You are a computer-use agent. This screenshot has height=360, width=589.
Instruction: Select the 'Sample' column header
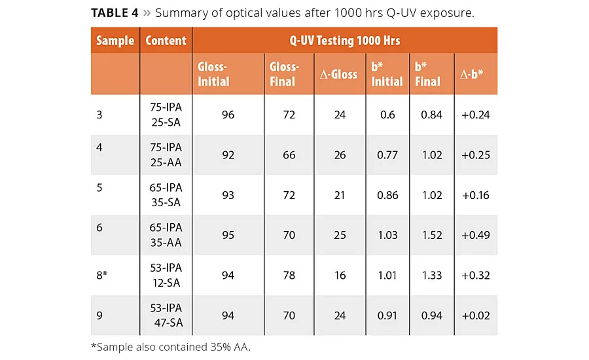tap(115, 41)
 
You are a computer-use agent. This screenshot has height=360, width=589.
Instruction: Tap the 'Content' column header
tap(166, 41)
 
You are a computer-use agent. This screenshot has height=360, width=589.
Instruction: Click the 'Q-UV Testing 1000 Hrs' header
tap(345, 41)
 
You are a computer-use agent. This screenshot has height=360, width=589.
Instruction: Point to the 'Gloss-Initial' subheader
tap(213, 74)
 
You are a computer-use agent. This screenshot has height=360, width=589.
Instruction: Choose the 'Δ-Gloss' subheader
tap(338, 75)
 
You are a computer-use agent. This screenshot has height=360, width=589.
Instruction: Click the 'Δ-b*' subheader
tap(471, 75)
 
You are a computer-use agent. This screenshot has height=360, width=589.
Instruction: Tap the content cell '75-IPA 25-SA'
tap(166, 115)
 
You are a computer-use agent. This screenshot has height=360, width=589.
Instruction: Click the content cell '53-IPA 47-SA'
tap(166, 315)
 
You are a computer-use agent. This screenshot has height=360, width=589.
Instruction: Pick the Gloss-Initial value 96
tap(228, 115)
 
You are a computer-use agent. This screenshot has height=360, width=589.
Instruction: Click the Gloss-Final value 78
tap(289, 276)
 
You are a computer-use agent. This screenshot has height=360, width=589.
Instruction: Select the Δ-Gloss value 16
tap(340, 276)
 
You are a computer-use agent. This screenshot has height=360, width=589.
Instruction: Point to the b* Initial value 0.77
tap(387, 155)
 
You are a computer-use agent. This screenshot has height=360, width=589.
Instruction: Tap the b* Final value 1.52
tap(431, 236)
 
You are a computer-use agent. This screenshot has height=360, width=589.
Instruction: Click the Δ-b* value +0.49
tap(476, 236)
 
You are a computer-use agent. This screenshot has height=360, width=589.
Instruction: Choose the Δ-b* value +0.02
tap(476, 315)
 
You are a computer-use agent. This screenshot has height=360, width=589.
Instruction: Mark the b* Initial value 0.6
tap(387, 115)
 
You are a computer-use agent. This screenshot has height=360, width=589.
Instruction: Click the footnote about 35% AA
tap(170, 346)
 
